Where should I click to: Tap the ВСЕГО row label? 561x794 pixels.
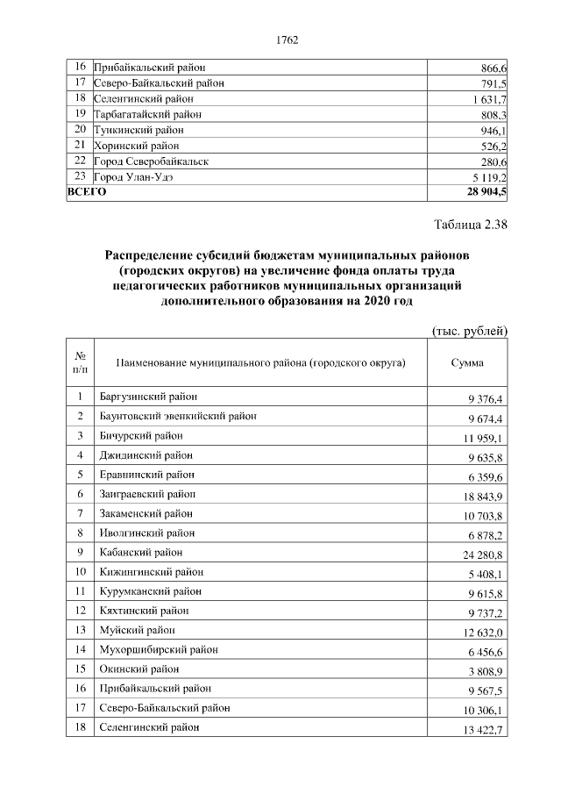pos(87,191)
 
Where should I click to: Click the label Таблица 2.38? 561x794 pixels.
pos(471,225)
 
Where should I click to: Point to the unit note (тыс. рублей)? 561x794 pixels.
pos(471,331)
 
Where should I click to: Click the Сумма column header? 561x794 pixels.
pos(467,362)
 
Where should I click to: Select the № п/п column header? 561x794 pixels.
pos(80,362)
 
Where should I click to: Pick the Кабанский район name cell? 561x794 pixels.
pos(141,552)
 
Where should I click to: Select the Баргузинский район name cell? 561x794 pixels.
pos(148,397)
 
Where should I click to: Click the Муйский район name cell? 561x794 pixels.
pos(137,630)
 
